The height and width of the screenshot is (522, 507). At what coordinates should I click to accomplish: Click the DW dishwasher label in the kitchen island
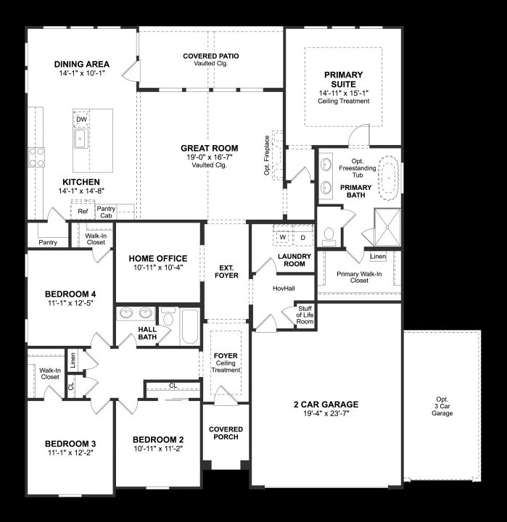coord(82,119)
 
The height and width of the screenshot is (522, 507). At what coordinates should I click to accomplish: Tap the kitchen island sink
coord(81,138)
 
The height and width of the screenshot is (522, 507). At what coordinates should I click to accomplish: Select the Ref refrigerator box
coord(82,210)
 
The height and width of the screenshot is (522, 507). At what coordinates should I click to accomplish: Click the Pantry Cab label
coord(106,212)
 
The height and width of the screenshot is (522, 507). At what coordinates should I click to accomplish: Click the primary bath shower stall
coord(387,228)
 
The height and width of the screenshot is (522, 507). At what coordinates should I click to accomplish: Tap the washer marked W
coord(283,237)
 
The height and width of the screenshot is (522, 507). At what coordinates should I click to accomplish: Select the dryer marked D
coord(302,238)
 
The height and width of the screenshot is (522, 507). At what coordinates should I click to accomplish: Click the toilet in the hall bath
coord(168,318)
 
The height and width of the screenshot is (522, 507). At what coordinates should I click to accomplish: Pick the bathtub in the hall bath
coord(190,326)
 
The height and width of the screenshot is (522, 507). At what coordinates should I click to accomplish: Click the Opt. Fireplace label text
coord(266,155)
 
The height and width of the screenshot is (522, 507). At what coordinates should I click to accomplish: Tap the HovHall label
coord(284,289)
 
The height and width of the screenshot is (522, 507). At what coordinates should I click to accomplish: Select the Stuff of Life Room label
coord(305,315)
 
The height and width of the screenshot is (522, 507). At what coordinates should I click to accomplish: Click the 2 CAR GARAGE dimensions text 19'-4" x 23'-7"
coord(326,414)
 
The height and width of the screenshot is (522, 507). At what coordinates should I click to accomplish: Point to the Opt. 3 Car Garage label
coord(442,406)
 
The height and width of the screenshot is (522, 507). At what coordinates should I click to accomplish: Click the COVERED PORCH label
coord(226,433)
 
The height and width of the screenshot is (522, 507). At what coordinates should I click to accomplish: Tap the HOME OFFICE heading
coord(158,258)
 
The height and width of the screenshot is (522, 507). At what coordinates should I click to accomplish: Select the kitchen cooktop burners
coord(36,157)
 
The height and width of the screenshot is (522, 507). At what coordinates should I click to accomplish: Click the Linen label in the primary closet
coord(378,257)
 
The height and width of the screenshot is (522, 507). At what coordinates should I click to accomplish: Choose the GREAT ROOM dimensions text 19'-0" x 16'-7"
coord(209,157)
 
